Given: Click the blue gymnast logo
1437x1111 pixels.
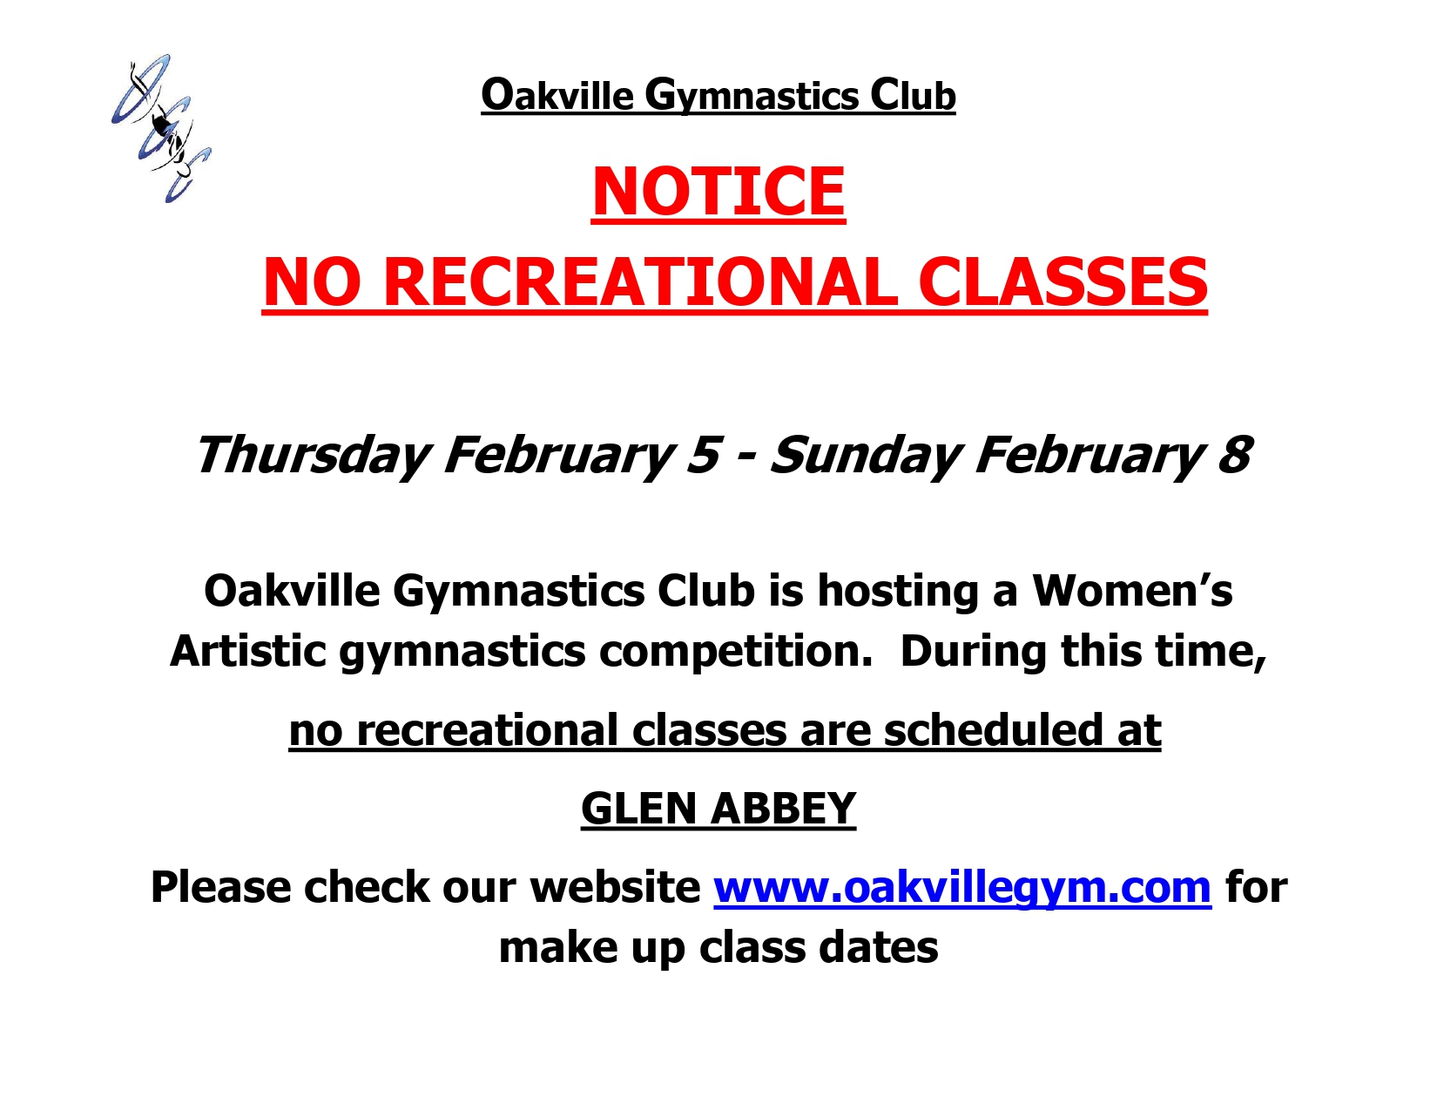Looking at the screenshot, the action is click(161, 128).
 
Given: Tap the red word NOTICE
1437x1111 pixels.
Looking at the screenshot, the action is click(718, 191).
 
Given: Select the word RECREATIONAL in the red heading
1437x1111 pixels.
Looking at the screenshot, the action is click(640, 282).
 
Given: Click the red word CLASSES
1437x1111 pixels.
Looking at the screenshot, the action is click(1063, 282).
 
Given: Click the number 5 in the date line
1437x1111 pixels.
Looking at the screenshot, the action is click(703, 455).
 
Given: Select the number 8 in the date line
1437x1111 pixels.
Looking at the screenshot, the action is click(1234, 455).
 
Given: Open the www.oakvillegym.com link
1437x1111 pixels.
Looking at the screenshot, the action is click(962, 887).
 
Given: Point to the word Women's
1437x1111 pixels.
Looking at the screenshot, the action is click(1132, 590).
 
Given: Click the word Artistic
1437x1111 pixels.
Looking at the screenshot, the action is click(248, 651).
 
